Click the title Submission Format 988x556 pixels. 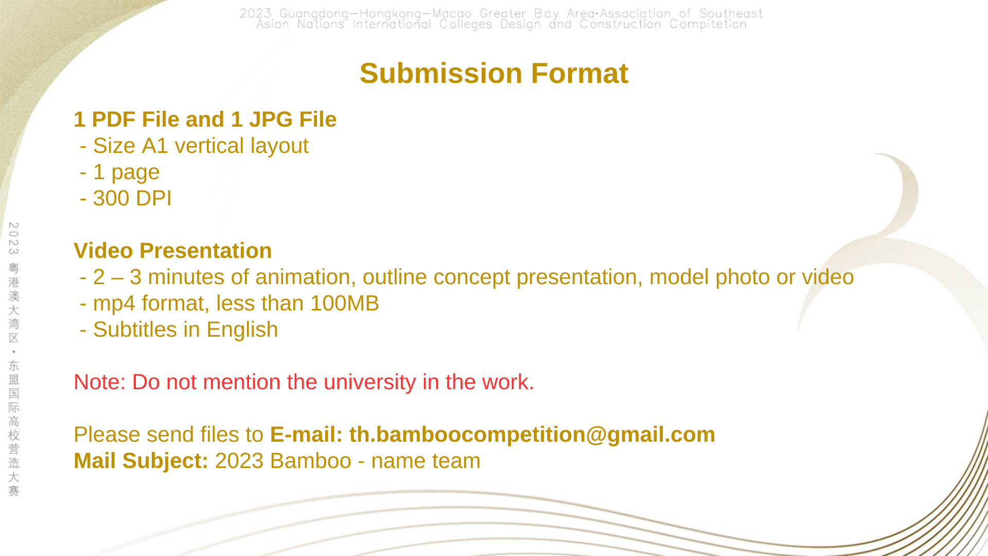point(494,73)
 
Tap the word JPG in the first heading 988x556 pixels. point(271,119)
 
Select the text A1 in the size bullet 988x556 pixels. point(155,146)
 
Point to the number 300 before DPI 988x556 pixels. point(111,198)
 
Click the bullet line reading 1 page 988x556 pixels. point(120,172)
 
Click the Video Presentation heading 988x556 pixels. point(173,251)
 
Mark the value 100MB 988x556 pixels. point(345,303)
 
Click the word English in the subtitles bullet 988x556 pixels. point(242,330)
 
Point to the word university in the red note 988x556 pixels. point(369,383)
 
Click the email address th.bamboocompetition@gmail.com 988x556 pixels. point(532,435)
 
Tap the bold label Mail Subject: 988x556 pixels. point(141,461)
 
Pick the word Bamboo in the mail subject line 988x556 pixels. point(311,461)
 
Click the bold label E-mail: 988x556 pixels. point(307,435)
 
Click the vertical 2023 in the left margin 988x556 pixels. point(14,238)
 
